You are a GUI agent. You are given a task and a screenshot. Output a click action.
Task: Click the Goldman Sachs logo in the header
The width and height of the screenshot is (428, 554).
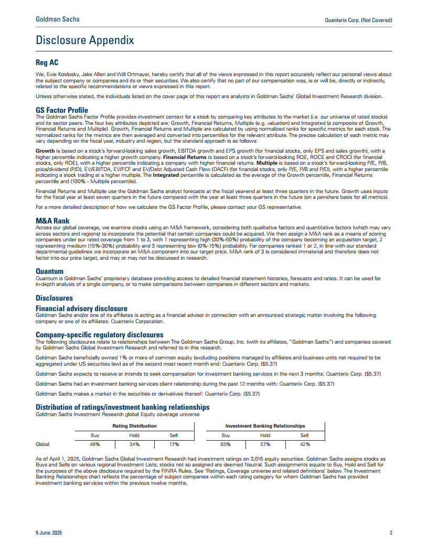pyautogui.click(x=58, y=19)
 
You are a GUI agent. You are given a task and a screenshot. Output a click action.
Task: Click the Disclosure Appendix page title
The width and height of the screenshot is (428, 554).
pyautogui.click(x=84, y=40)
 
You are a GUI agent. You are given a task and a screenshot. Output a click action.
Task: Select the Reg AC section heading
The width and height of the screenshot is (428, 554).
pyautogui.click(x=47, y=62)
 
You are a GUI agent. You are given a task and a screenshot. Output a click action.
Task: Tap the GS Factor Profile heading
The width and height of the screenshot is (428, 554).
pyautogui.click(x=62, y=110)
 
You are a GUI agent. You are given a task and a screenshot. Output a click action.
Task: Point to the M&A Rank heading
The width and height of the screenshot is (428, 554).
pyautogui.click(x=52, y=221)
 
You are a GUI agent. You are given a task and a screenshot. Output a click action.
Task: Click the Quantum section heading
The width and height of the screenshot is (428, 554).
pyautogui.click(x=49, y=271)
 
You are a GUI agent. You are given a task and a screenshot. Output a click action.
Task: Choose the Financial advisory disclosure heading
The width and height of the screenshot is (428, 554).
pyautogui.click(x=81, y=308)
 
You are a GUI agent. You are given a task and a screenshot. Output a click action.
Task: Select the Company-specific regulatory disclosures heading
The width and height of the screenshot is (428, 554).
pyautogui.click(x=99, y=335)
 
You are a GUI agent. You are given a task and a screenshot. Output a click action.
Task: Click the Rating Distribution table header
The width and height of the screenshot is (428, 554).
pyautogui.click(x=134, y=426)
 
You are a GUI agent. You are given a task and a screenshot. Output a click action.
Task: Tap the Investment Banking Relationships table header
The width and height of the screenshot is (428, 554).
pyautogui.click(x=265, y=426)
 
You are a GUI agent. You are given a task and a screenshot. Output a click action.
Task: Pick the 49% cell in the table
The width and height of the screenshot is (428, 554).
pyautogui.click(x=95, y=444)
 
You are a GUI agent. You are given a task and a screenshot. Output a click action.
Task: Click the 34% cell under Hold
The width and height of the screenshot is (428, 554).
pyautogui.click(x=134, y=444)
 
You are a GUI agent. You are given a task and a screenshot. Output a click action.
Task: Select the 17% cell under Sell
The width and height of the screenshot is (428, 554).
pyautogui.click(x=174, y=444)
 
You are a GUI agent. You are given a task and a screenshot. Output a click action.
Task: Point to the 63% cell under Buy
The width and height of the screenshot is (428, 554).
pyautogui.click(x=226, y=444)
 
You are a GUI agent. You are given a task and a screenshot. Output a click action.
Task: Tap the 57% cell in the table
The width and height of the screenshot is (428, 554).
pyautogui.click(x=265, y=444)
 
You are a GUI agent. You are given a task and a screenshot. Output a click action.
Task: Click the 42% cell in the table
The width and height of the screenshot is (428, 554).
pyautogui.click(x=304, y=444)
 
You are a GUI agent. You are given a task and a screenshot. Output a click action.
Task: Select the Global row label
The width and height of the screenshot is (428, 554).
pyautogui.click(x=42, y=444)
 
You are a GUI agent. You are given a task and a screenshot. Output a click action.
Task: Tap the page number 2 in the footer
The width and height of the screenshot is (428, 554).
pyautogui.click(x=391, y=533)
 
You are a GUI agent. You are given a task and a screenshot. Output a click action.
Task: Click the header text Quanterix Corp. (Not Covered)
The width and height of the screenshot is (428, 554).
pyautogui.click(x=359, y=20)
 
